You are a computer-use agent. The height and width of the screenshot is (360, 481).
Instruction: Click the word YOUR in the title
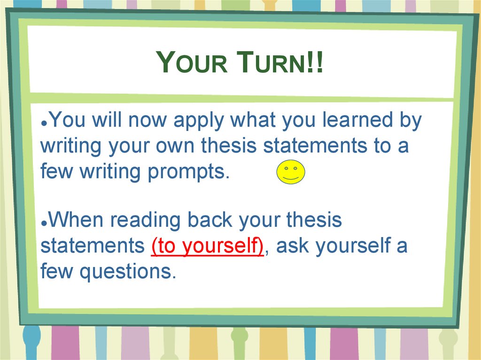pos(192,62)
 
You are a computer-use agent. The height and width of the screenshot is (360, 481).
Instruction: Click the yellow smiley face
pos(291,172)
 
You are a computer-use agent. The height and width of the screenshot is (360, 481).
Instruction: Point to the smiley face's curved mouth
pos(291,178)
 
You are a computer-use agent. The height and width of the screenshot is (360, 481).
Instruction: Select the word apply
pos(199,121)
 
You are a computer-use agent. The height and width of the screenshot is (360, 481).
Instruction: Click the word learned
pos(357,120)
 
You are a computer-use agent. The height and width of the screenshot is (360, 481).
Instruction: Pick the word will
pos(107,120)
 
